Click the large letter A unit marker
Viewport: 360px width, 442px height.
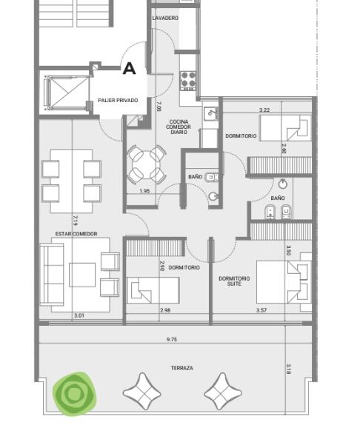point(129,69)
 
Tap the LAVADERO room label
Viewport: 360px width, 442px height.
point(165,18)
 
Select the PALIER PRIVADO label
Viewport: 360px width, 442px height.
point(118,101)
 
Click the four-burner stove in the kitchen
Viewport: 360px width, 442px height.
point(188,81)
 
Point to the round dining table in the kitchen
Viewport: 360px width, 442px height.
point(146,165)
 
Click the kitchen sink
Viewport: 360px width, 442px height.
point(210,113)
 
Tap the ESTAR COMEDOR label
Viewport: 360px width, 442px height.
point(76,234)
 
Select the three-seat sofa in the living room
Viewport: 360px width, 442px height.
point(52,274)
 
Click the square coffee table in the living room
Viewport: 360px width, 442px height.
point(82,275)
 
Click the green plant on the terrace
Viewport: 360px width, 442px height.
point(75,394)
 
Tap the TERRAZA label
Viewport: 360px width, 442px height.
point(182,368)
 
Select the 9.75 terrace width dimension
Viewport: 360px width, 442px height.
point(172,339)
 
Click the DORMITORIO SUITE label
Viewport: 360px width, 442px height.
point(234,281)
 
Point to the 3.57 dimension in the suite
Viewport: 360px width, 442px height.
point(261,310)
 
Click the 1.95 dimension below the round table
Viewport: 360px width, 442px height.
point(144,191)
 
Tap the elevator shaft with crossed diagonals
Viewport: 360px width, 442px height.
point(67,93)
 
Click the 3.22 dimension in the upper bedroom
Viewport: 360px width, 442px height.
point(264,110)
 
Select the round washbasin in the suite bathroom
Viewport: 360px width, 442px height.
point(283,184)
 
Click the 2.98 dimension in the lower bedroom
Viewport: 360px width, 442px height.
point(165,310)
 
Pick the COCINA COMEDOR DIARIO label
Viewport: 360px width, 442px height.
point(179,127)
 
